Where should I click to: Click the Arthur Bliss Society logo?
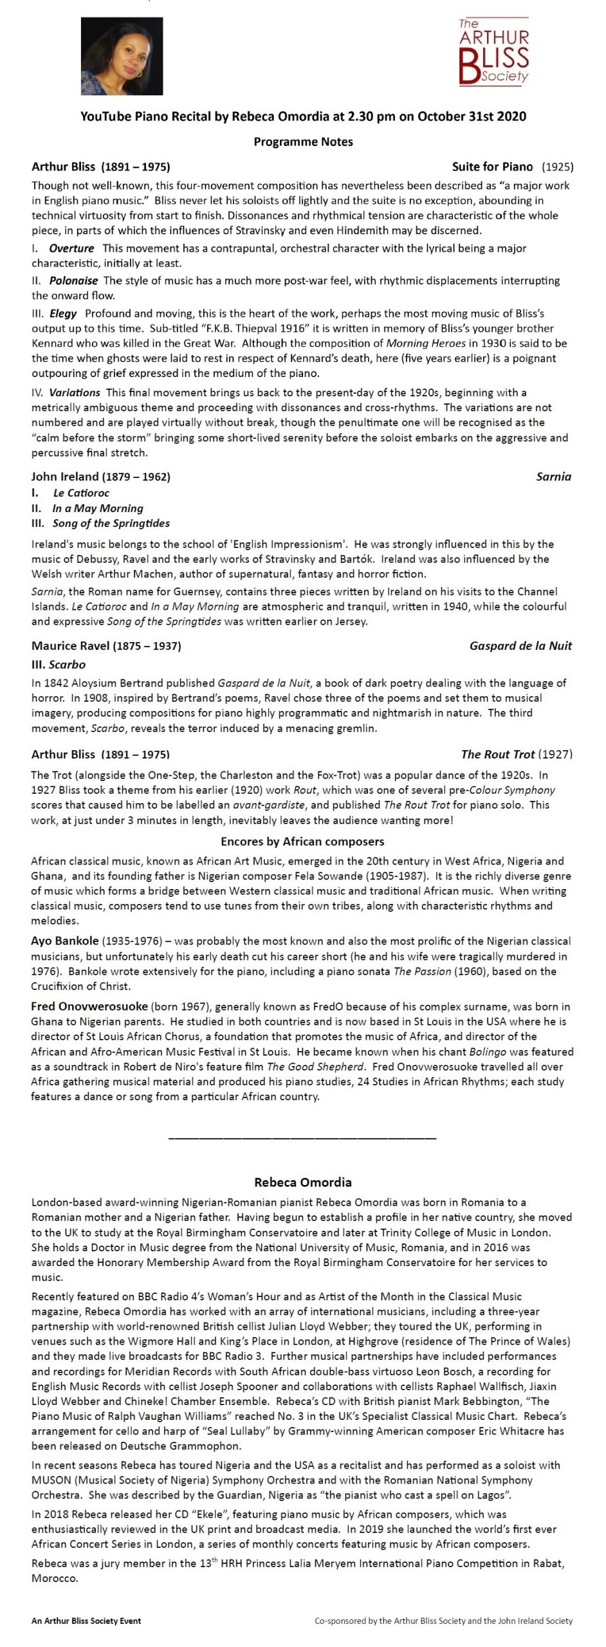(x=493, y=52)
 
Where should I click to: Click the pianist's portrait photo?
(x=122, y=57)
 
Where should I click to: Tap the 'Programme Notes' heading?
(x=303, y=142)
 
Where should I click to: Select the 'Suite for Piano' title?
(x=492, y=167)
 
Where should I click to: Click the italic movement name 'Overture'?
(x=71, y=248)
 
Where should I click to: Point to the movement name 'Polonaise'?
(x=73, y=281)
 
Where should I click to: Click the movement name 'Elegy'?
(x=63, y=313)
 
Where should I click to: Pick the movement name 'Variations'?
(x=75, y=392)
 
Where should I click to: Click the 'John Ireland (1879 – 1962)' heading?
(x=101, y=477)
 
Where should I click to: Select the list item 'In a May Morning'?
(x=98, y=508)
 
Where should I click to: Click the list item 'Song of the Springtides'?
(x=111, y=524)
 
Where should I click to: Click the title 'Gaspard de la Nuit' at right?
(x=520, y=646)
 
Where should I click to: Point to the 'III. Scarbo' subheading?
(x=59, y=665)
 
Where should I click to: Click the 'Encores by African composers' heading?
(x=302, y=842)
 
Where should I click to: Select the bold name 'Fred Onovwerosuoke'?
(x=89, y=1006)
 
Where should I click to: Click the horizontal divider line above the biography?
(x=302, y=1139)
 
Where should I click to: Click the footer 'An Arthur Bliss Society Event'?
(x=86, y=1621)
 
